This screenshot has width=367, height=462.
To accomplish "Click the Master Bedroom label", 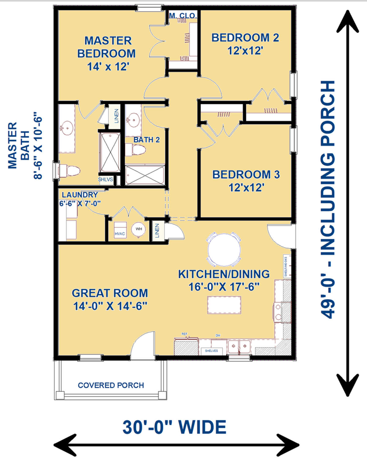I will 107,47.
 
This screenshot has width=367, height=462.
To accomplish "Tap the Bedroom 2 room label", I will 245,38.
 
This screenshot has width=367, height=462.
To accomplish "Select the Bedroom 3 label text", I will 246,175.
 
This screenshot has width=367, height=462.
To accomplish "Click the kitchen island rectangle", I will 224,305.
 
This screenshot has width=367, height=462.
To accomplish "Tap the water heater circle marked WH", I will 139,229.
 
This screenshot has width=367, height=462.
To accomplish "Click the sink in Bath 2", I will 133,119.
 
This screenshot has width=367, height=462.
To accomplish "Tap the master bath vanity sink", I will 67,128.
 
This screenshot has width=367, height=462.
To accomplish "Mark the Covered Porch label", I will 111,385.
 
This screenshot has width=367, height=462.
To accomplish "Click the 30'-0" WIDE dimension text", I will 174,427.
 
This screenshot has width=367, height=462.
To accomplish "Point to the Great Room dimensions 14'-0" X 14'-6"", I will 110,306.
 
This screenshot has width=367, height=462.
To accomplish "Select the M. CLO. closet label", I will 183,15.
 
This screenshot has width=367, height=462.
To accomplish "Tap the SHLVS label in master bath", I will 106,179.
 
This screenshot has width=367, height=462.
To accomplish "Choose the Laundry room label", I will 80,195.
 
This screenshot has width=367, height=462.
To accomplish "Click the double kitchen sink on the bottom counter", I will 239,347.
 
